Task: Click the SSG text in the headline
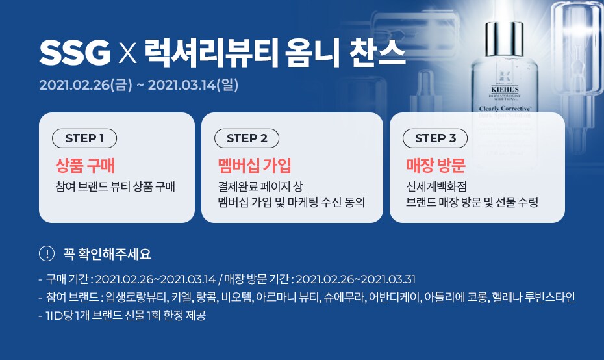click(x=75, y=53)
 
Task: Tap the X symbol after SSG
click(x=127, y=53)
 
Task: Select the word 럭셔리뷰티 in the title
click(x=211, y=53)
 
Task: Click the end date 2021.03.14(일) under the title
click(x=193, y=84)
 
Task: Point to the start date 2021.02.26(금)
click(x=86, y=84)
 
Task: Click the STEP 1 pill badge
click(x=84, y=138)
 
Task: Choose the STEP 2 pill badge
click(x=247, y=138)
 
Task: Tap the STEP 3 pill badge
click(x=435, y=138)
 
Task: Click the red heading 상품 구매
click(x=85, y=166)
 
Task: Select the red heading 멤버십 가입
click(x=255, y=166)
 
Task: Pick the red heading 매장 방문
click(x=436, y=166)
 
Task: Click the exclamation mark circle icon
click(x=47, y=253)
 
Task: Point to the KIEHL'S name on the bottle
click(x=505, y=90)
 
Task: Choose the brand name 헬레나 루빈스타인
click(x=533, y=297)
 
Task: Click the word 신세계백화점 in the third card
click(x=436, y=186)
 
